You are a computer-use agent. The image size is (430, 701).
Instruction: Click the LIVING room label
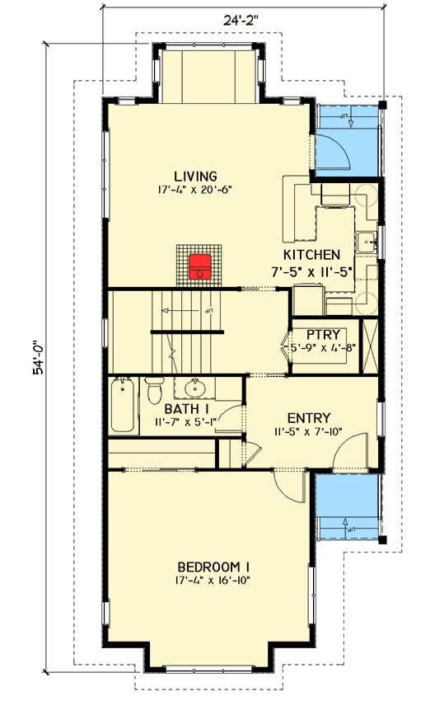[x=195, y=176]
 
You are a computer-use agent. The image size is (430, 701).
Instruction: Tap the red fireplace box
[x=199, y=266]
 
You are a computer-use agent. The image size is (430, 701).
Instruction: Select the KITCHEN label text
[x=311, y=255]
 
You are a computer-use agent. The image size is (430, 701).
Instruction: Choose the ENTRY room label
[x=309, y=418]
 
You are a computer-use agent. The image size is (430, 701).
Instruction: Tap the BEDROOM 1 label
[x=213, y=567]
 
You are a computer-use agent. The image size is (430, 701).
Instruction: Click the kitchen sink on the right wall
[x=367, y=242]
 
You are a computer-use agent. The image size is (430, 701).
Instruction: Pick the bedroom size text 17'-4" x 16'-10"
[x=213, y=580]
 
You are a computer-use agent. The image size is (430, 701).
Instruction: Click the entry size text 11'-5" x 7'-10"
[x=309, y=431]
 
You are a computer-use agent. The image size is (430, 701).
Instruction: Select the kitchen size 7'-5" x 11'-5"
[x=311, y=269]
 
